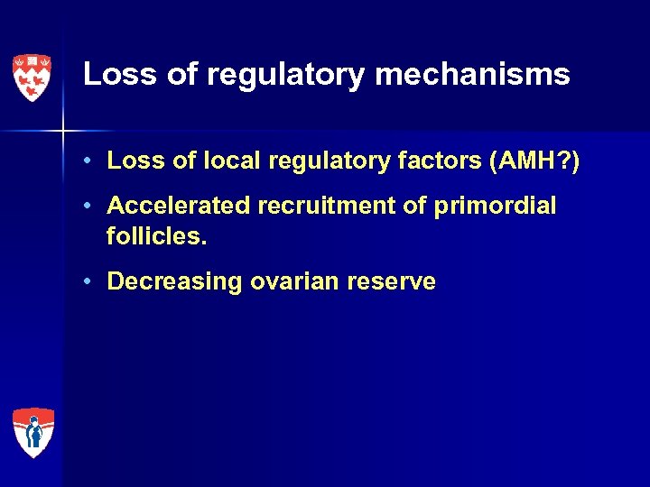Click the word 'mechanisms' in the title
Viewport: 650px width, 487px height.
(x=472, y=75)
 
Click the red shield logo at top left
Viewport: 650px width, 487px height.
(x=32, y=77)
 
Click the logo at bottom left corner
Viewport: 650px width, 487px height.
(x=33, y=432)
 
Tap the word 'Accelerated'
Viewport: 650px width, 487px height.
(x=179, y=206)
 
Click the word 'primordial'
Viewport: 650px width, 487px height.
(x=496, y=206)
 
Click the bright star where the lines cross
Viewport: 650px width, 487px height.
(x=63, y=132)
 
